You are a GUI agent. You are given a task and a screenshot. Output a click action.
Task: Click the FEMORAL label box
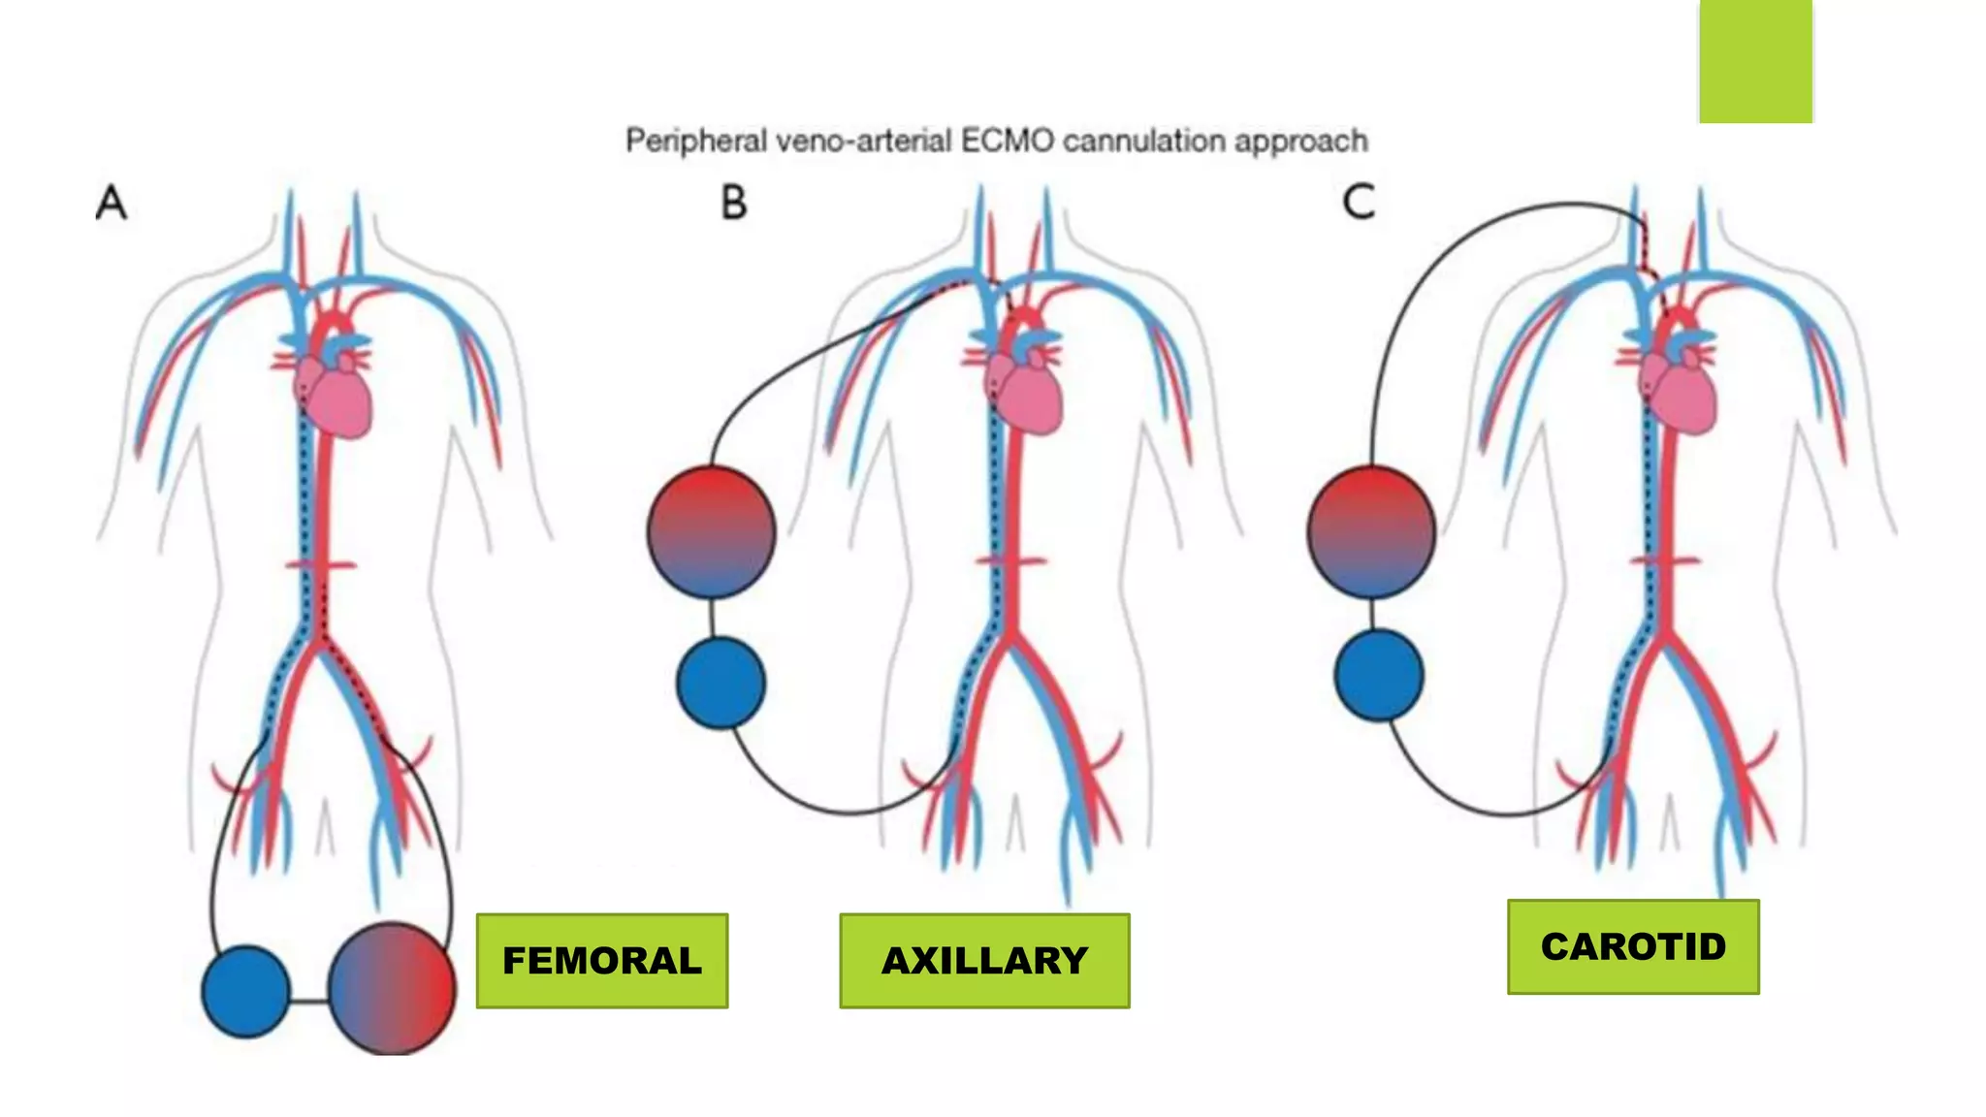pyautogui.click(x=601, y=960)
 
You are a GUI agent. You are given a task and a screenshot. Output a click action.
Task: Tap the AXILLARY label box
pyautogui.click(x=984, y=960)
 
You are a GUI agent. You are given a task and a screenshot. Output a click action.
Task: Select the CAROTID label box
pyautogui.click(x=1633, y=946)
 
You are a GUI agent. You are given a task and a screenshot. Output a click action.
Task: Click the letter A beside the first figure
pyautogui.click(x=112, y=204)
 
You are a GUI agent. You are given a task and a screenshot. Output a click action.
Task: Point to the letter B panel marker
pyautogui.click(x=734, y=203)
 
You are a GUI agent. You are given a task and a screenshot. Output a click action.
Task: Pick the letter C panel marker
pyautogui.click(x=1359, y=203)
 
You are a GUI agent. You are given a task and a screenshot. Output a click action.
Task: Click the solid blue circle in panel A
pyautogui.click(x=245, y=991)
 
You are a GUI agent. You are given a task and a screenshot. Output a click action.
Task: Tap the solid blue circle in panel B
pyautogui.click(x=721, y=683)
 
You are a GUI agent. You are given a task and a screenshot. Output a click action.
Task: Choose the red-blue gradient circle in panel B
pyautogui.click(x=711, y=531)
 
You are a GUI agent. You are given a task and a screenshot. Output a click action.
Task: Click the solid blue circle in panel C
pyautogui.click(x=1378, y=675)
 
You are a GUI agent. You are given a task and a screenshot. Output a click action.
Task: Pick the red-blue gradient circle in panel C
pyautogui.click(x=1370, y=531)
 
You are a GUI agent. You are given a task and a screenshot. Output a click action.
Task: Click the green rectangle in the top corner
pyautogui.click(x=1755, y=60)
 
